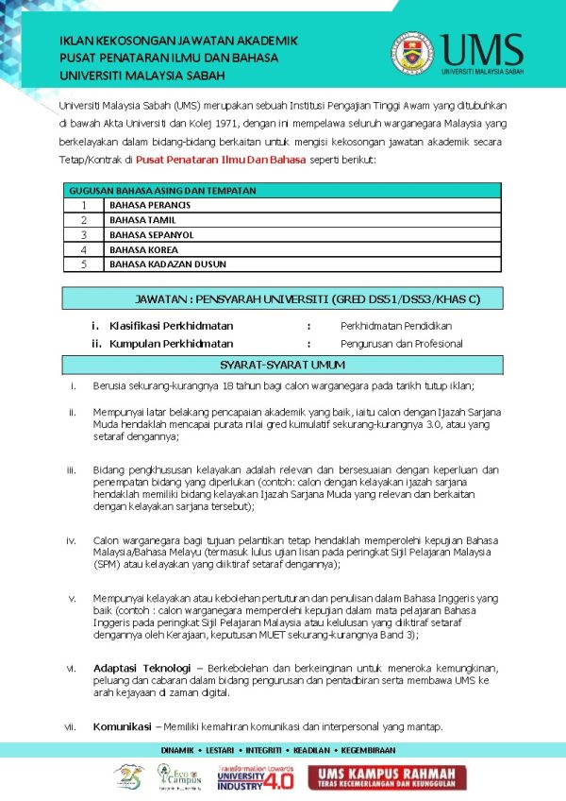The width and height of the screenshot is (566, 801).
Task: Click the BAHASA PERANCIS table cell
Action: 150,205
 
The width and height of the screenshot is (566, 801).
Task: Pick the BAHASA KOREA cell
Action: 143,250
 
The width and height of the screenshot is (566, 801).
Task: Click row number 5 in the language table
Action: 84,264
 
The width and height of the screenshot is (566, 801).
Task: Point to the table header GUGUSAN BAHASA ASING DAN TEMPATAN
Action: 162,191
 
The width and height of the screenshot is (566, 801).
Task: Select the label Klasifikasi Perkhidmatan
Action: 171,326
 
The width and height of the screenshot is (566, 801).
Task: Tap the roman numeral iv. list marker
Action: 71,540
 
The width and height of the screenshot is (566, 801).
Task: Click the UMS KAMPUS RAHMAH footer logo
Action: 388,777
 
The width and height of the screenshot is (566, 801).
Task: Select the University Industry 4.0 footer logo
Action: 255,778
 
